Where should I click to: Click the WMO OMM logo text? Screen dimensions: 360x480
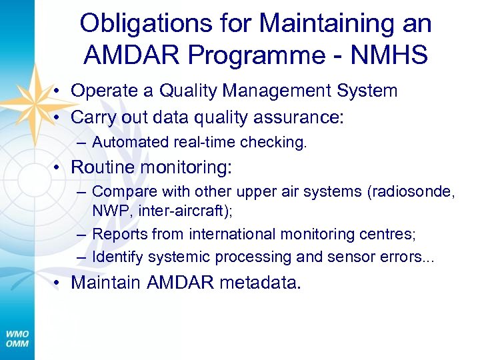[18, 338]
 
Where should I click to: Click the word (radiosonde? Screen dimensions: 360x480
[411, 191]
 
